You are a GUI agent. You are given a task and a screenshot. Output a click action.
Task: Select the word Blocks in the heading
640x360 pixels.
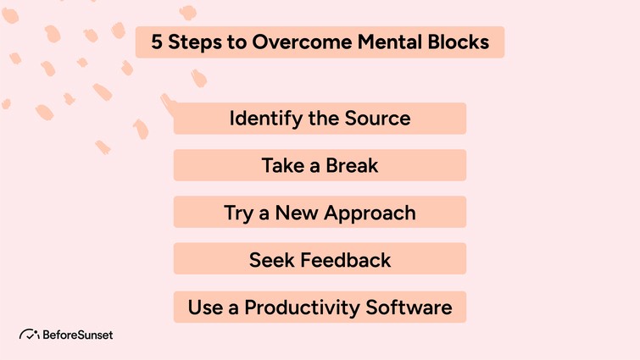[457, 42]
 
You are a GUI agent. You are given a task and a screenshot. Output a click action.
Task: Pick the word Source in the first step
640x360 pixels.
[377, 119]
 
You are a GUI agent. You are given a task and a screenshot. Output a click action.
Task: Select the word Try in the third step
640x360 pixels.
[238, 213]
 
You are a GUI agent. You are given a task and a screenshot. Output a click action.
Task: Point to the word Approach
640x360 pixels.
[369, 213]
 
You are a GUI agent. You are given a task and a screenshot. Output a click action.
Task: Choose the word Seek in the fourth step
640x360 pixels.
[270, 259]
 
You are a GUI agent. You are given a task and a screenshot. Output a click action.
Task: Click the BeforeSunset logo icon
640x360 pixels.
[30, 335]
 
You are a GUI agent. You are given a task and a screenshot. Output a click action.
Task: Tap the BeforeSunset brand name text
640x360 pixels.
[78, 335]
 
